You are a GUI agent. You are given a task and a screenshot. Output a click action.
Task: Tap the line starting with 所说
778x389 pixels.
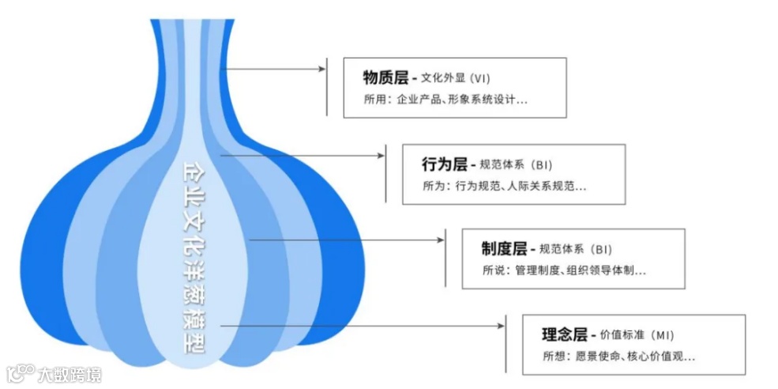point(564,271)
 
